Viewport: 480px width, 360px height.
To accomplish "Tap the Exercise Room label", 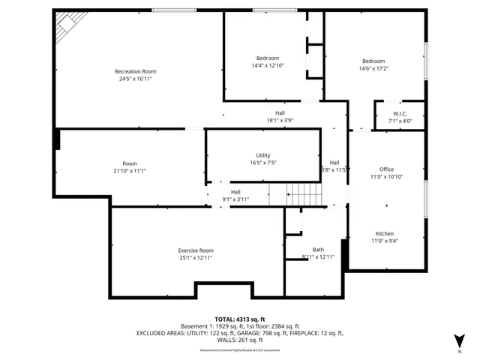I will click(196, 250).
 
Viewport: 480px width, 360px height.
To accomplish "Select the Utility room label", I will click(262, 155).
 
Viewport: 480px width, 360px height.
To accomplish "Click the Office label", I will click(386, 169).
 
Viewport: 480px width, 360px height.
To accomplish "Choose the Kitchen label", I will click(384, 234).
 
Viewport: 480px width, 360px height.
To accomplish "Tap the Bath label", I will click(318, 250).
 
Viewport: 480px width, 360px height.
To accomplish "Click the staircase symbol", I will click(304, 196).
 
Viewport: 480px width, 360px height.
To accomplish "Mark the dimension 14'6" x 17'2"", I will click(373, 68).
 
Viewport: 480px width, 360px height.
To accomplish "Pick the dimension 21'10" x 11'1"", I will click(130, 171).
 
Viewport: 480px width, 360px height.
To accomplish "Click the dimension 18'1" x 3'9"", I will click(280, 120).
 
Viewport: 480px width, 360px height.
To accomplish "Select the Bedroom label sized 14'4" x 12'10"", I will click(268, 58).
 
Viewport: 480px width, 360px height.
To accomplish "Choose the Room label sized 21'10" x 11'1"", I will click(130, 163).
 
